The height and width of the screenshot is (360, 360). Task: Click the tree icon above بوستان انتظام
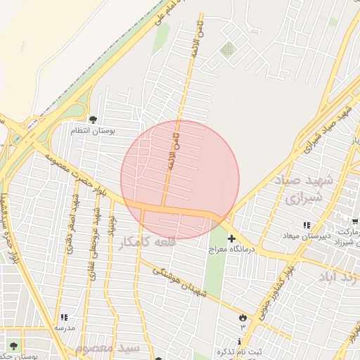(93, 120)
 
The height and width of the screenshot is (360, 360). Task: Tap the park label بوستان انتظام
(96, 130)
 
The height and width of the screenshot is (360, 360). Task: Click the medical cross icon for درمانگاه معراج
(231, 239)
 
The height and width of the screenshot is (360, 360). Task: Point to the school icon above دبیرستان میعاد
(306, 226)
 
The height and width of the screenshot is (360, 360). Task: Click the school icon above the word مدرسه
(65, 318)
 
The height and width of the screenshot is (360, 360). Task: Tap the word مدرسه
(65, 328)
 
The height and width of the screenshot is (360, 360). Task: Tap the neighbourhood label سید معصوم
(110, 349)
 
